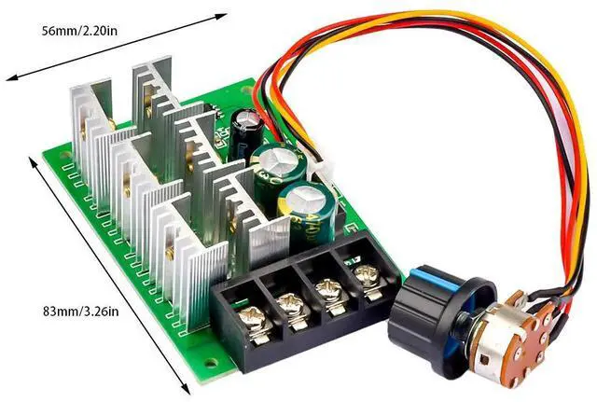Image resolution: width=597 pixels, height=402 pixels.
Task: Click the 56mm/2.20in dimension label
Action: [79, 31]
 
